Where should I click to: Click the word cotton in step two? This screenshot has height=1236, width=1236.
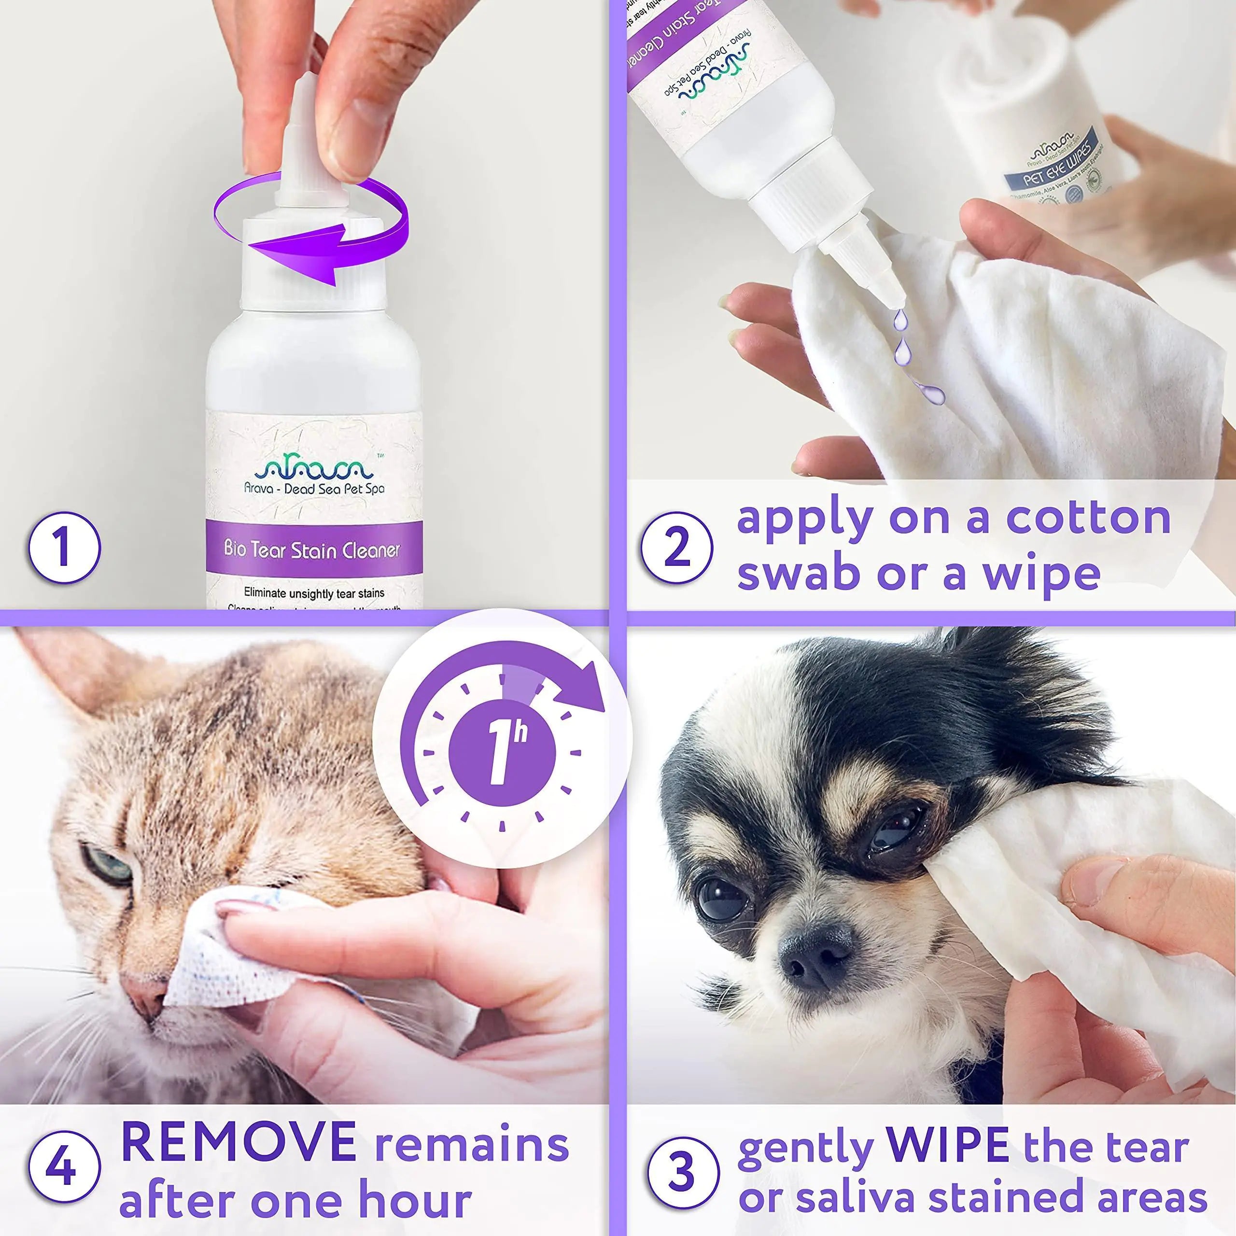coord(1088,517)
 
